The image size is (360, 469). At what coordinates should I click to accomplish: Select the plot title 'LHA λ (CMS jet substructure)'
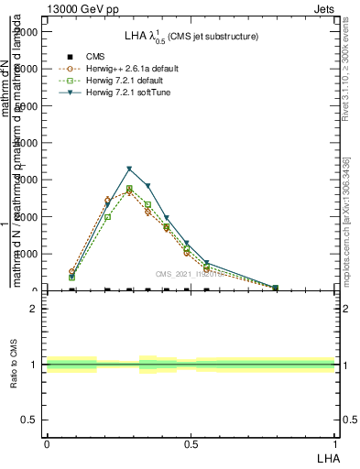pos(191,37)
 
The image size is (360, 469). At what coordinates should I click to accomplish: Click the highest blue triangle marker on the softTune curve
pos(129,169)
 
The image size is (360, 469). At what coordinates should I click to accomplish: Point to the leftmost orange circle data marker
pos(72,272)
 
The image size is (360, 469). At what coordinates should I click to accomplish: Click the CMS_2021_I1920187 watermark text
pos(191,274)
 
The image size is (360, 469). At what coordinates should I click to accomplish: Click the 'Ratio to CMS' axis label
pos(14,365)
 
